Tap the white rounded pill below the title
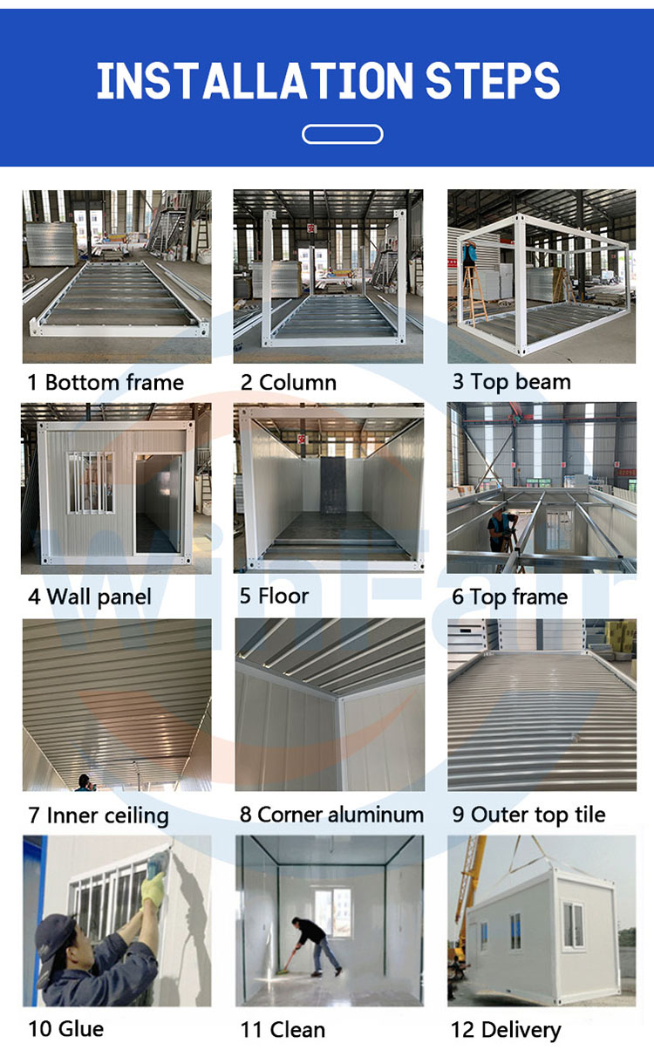coord(343,134)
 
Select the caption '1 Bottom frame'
coord(106,382)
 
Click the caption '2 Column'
coord(289,382)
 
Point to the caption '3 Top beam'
coord(512,382)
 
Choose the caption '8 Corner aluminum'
coord(331,815)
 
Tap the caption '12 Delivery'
coord(507,1030)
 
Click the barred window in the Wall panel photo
coord(90,483)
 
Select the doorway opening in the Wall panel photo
coord(159,503)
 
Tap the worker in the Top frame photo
coord(502,530)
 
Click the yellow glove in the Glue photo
coord(153,889)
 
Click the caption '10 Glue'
coord(66,1029)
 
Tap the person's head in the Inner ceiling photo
coord(85,779)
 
